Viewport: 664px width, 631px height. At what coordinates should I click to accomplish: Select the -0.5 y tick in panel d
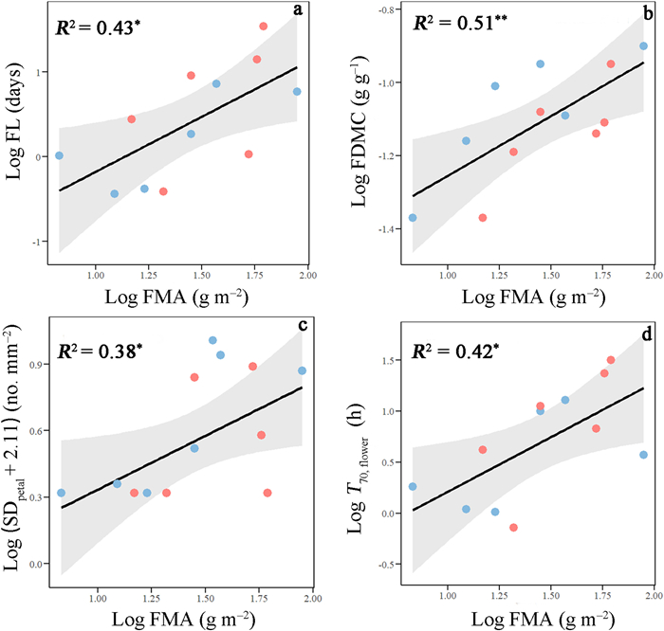point(388,565)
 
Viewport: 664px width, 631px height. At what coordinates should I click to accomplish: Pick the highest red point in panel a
point(264,27)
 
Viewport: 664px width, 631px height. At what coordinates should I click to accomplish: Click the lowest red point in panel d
point(513,528)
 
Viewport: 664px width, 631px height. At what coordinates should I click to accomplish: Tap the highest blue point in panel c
point(212,340)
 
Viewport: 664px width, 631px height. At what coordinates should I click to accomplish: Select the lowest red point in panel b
point(483,218)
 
